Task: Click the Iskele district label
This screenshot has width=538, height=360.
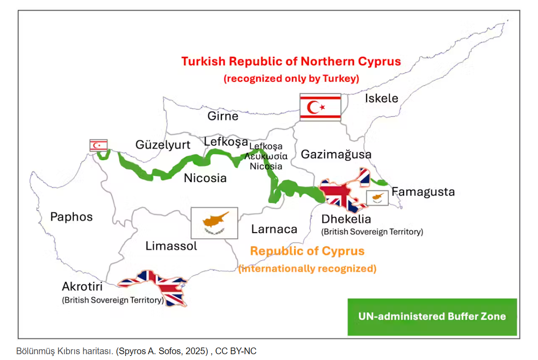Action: (x=381, y=98)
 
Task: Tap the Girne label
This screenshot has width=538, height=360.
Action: (x=223, y=116)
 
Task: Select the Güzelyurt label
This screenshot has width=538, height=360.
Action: (x=163, y=144)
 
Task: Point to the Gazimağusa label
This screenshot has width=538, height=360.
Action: (x=336, y=154)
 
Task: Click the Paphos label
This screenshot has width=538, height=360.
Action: (x=71, y=217)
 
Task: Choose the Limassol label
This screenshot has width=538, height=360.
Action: (x=171, y=246)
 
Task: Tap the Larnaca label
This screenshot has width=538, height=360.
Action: (x=274, y=229)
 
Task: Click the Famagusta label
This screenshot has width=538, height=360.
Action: (x=423, y=192)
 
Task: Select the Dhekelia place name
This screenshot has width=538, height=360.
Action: (x=346, y=219)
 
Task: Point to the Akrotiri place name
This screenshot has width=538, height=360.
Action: (x=83, y=286)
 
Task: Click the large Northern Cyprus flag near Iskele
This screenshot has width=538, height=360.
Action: (x=320, y=107)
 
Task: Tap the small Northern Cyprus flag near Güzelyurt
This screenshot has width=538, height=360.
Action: (x=98, y=145)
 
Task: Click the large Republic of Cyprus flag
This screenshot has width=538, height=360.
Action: (x=214, y=223)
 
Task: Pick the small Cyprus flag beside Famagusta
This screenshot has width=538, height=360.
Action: (x=377, y=197)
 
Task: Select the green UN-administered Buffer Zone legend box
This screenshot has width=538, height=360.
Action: (x=432, y=317)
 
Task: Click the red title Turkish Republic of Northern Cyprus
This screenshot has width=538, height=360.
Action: (x=291, y=61)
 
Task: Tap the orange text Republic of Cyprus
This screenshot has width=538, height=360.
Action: (x=307, y=251)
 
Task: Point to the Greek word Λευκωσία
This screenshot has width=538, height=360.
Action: (x=265, y=157)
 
